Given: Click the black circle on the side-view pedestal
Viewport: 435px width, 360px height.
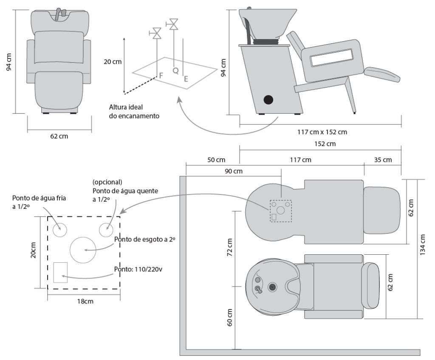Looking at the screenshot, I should tap(268, 100).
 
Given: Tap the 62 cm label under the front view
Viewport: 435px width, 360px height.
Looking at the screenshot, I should tap(59, 136).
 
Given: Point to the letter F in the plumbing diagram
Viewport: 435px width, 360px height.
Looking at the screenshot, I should tap(161, 76).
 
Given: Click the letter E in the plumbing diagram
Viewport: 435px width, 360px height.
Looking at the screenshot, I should tap(186, 79).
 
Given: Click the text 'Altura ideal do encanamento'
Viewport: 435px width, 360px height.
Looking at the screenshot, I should tap(134, 112).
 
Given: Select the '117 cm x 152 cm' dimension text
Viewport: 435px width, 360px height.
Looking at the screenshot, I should tap(322, 132).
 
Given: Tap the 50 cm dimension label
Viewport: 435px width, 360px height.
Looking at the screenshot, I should tap(216, 160).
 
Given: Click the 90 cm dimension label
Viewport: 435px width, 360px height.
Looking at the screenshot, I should tap(233, 172).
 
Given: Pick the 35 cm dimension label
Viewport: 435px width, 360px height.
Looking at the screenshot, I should tap(383, 160).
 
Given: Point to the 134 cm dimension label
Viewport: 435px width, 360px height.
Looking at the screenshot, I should tap(422, 249).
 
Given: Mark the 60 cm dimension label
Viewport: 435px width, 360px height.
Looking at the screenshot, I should tap(229, 317).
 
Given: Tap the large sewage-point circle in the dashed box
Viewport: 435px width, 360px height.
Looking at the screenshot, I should tap(83, 249).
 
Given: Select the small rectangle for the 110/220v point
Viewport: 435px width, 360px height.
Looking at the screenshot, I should tap(60, 272).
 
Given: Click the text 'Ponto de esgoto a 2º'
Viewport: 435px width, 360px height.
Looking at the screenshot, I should tap(145, 239).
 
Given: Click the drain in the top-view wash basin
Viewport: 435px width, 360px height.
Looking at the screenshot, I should tap(273, 287).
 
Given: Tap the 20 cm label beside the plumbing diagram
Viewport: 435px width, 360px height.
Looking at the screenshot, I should tap(113, 62).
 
